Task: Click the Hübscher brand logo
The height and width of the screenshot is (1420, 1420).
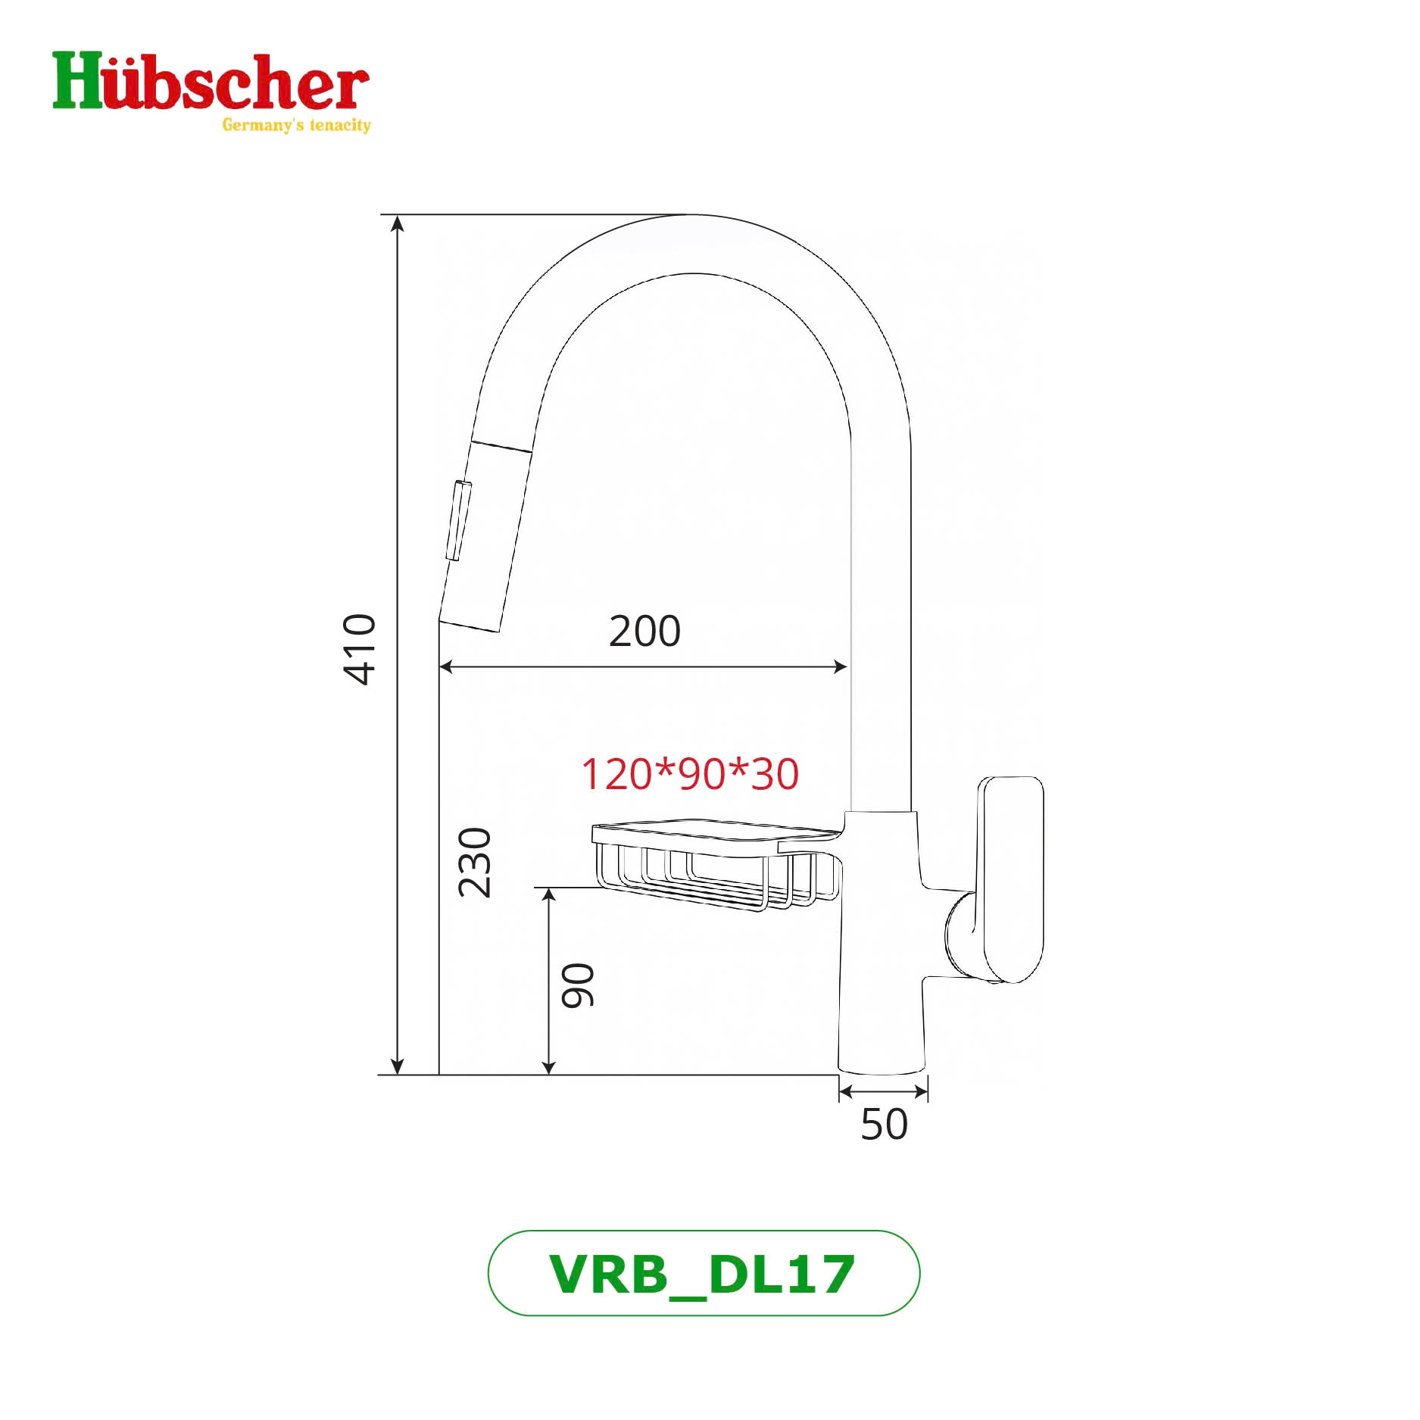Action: [210, 83]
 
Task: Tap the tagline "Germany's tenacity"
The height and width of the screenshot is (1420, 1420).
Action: [296, 125]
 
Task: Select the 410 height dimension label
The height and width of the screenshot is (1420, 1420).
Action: [359, 649]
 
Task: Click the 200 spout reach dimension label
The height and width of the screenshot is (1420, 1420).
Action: [644, 631]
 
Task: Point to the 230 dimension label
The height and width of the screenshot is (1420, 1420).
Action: [475, 863]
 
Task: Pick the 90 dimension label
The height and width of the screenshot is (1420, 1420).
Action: [578, 985]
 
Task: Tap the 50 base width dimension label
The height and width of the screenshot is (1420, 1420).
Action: [884, 1125]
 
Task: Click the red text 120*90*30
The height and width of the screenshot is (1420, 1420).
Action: [690, 774]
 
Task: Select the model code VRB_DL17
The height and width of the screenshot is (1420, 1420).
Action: [703, 1274]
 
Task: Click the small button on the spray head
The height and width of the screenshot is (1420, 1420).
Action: [458, 520]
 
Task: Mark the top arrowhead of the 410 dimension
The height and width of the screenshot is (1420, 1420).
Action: [398, 222]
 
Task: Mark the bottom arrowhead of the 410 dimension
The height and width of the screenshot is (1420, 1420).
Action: [398, 1067]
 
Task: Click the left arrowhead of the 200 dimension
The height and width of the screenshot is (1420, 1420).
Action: [446, 666]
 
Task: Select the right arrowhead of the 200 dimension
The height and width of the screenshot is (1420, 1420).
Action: [840, 666]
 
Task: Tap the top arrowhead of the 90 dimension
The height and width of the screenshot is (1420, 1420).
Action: [549, 895]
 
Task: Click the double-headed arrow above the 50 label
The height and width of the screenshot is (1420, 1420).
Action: [884, 1091]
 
